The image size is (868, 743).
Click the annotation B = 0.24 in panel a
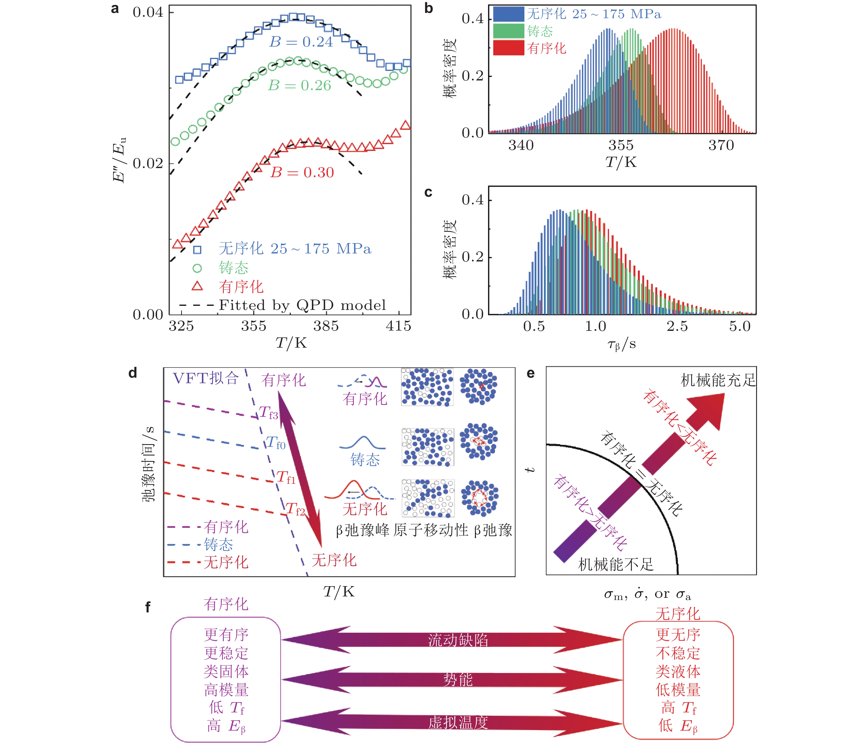click(x=301, y=42)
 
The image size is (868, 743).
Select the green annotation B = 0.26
click(x=300, y=85)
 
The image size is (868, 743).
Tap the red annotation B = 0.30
click(x=302, y=172)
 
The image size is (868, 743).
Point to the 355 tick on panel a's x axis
click(x=254, y=326)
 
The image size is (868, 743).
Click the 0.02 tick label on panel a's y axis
click(x=147, y=163)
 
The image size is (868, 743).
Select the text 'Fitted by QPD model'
click(x=302, y=305)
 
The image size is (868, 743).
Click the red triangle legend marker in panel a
click(x=197, y=287)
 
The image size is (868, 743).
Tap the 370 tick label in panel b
click(x=721, y=145)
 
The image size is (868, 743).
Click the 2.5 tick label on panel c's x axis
click(x=677, y=326)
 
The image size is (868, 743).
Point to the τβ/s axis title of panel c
click(x=622, y=344)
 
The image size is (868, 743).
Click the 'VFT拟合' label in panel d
click(x=206, y=379)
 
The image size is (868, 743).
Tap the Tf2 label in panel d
click(x=295, y=509)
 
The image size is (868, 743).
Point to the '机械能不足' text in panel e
click(x=616, y=564)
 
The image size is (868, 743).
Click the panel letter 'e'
click(x=530, y=373)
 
